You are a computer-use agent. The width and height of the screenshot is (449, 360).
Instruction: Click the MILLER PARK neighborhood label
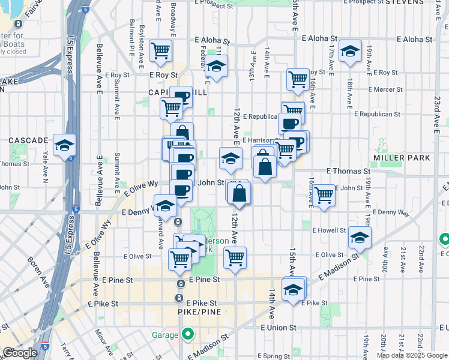pyautogui.click(x=402, y=158)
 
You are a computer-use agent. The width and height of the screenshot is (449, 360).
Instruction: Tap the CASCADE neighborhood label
pyautogui.click(x=28, y=140)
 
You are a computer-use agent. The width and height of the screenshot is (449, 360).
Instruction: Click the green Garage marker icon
pyautogui.click(x=188, y=334)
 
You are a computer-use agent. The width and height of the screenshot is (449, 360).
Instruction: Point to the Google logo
pyautogui.click(x=19, y=353)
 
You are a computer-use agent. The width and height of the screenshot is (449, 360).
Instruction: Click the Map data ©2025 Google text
pyautogui.click(x=412, y=355)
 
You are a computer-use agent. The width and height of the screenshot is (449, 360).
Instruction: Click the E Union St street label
pyautogui.click(x=279, y=328)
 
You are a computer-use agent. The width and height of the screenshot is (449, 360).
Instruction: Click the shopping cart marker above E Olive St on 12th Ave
pyautogui.click(x=235, y=257)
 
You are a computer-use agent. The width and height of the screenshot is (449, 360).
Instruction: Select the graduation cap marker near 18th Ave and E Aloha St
pyautogui.click(x=349, y=52)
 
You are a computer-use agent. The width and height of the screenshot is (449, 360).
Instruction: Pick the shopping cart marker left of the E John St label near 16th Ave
pyautogui.click(x=324, y=194)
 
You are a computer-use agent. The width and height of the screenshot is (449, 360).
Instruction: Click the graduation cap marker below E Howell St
pyautogui.click(x=360, y=238)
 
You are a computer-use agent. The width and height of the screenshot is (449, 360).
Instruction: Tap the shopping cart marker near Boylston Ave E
pyautogui.click(x=160, y=52)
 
